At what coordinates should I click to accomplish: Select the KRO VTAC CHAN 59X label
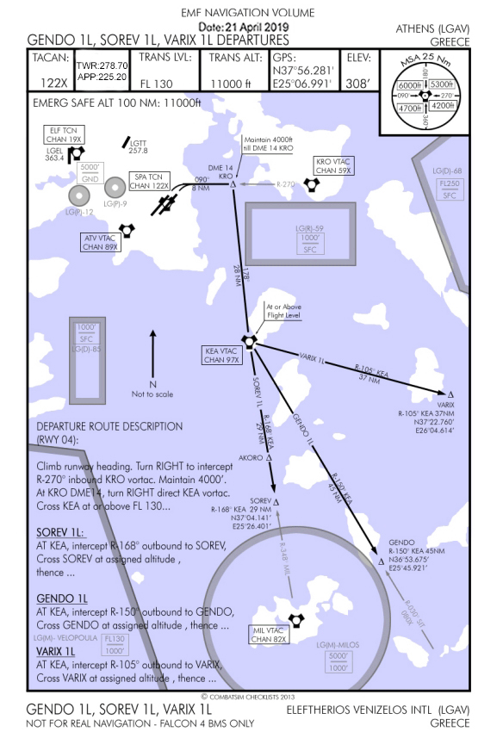(x=334, y=164)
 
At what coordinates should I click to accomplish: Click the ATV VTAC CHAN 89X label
(x=101, y=243)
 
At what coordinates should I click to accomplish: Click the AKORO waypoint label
(x=247, y=458)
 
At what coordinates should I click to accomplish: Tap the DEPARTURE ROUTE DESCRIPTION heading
(x=109, y=426)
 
